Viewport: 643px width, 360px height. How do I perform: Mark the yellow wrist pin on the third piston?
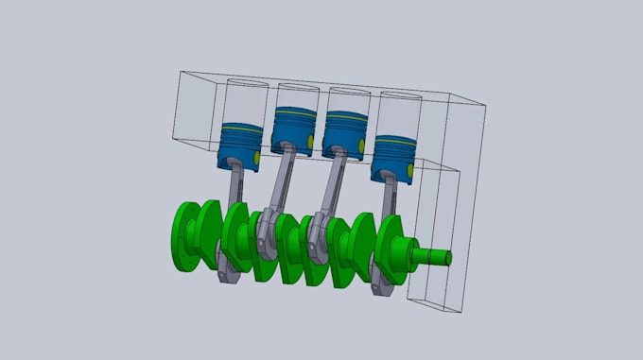pyautogui.click(x=360, y=142)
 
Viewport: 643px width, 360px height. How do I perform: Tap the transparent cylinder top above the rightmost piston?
pyautogui.click(x=397, y=96)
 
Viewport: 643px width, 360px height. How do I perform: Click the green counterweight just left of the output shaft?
pyautogui.click(x=392, y=250)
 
